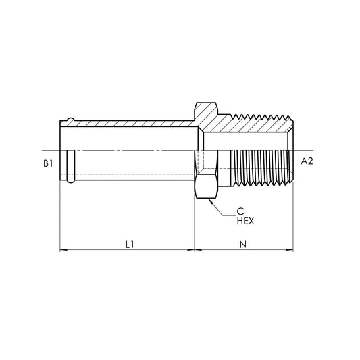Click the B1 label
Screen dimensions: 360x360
[48, 163]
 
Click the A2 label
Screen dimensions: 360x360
[307, 161]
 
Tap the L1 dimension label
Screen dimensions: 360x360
[130, 245]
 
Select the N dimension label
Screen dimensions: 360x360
[243, 245]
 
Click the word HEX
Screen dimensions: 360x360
[245, 221]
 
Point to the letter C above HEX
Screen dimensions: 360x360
[240, 211]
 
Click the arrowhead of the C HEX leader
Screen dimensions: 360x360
[211, 201]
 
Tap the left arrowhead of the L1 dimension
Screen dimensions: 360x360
[63, 250]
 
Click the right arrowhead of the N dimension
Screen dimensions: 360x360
[290, 250]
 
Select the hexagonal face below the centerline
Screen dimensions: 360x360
[206, 186]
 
